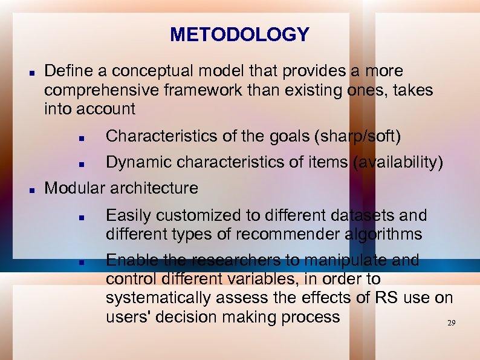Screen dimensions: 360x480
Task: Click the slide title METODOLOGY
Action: [239, 34]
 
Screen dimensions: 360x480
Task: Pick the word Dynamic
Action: [134, 162]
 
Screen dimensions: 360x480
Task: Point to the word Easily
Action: [125, 215]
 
